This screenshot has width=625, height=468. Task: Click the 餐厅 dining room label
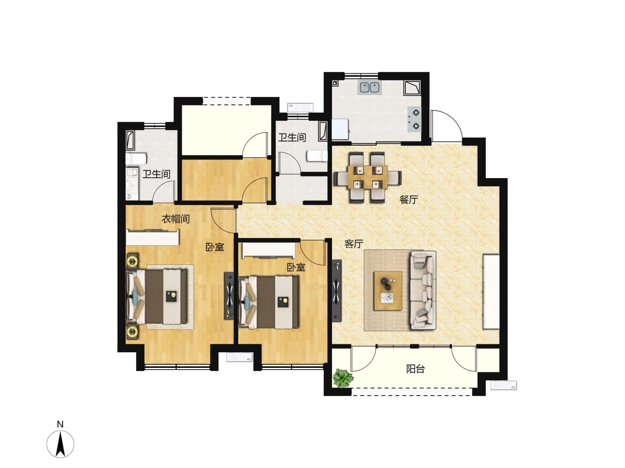point(408,200)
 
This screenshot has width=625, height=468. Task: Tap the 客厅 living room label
point(354,244)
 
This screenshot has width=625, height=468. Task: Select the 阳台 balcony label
point(415,369)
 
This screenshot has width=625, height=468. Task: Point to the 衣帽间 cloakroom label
point(175,219)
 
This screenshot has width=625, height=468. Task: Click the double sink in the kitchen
point(370,87)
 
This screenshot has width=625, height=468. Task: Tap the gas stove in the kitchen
point(414,119)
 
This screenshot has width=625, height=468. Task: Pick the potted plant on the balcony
point(343,378)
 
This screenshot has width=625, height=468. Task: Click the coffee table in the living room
point(388,290)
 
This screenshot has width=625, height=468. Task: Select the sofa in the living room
point(423,290)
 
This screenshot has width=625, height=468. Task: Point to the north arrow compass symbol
point(60,444)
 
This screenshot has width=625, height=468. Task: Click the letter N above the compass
point(60,424)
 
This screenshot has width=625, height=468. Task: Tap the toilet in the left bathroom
point(136,158)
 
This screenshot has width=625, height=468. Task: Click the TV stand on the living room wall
point(337,291)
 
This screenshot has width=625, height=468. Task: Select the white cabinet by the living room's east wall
point(491,292)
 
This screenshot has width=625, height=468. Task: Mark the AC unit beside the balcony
point(503,386)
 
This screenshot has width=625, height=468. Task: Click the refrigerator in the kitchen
point(340,129)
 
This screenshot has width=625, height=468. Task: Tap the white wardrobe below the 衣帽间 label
point(153,237)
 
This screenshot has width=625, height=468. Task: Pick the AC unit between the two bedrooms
point(239,357)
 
